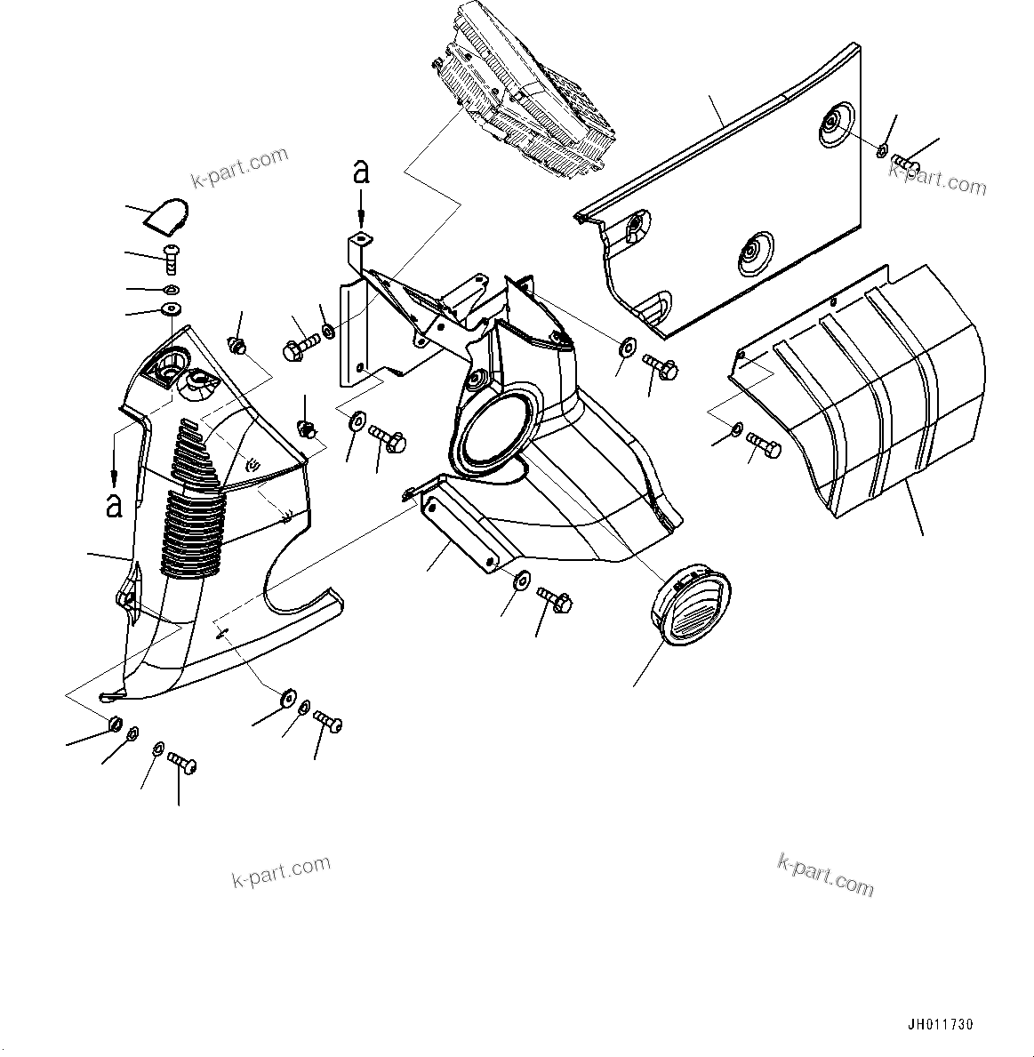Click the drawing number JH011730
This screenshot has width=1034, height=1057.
[941, 1024]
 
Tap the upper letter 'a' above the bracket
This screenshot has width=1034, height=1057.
[360, 172]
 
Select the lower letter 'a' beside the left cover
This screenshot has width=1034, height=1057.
[114, 503]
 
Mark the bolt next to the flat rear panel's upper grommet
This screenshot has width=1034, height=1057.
[904, 164]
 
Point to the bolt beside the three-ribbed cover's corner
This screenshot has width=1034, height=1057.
[764, 444]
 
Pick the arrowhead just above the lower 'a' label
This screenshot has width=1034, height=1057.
[114, 472]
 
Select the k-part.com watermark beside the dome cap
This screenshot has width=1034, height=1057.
[240, 167]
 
